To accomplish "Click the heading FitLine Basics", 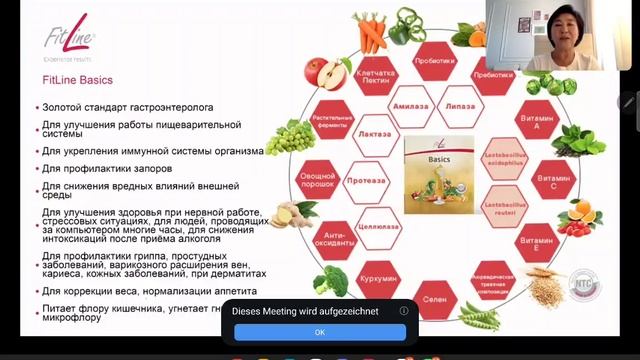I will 77,80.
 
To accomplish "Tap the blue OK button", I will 319,331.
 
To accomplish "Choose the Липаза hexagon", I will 433,104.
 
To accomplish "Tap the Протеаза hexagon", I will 361,183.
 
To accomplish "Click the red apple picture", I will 323,73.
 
